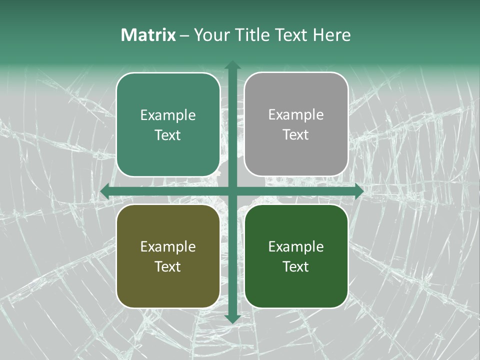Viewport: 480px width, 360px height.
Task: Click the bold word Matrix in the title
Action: [148, 35]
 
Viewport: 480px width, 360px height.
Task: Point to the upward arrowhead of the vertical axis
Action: [232, 65]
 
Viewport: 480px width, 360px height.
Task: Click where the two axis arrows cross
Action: [232, 191]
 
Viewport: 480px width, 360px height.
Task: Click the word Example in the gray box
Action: [296, 115]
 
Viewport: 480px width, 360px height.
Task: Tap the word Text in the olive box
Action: [168, 266]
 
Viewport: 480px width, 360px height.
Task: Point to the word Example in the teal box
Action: [168, 115]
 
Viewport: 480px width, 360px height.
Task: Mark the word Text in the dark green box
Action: [296, 266]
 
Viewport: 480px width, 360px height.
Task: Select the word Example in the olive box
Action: [168, 247]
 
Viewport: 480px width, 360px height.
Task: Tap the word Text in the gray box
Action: [296, 135]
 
